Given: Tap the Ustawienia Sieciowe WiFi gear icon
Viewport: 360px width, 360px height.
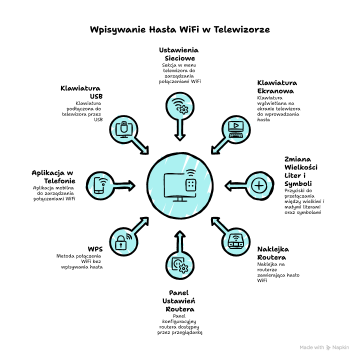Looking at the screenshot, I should click(179, 107).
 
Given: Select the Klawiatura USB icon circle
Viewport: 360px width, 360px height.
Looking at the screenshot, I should click(123, 128).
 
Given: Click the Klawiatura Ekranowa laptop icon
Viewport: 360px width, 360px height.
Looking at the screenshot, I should click(236, 128).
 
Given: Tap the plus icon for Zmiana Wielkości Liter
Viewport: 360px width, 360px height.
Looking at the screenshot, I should click(259, 185).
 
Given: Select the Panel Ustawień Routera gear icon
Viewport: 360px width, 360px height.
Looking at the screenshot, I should click(179, 263).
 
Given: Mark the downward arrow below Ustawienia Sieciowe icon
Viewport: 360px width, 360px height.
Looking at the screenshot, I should click(179, 130).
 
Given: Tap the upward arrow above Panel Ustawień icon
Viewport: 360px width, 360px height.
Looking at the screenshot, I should click(179, 239).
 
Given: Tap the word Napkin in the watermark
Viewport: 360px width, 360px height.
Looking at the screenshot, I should click(341, 347).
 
